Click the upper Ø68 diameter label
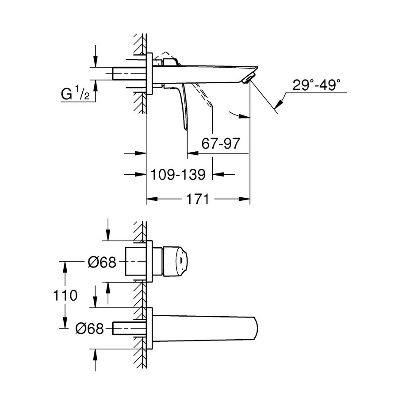pos(101,263)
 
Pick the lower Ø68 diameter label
pos(89,329)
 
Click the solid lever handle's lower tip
pos(186,128)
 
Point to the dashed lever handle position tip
pos(211,106)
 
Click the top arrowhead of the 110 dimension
pos(65,264)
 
